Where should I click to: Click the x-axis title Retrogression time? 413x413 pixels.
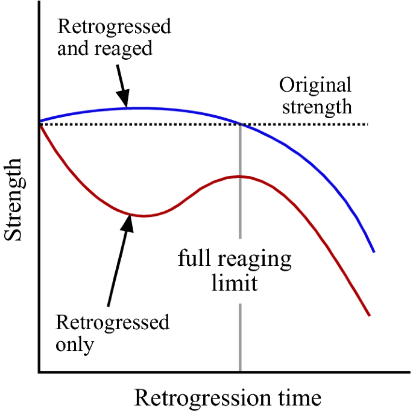click(227, 398)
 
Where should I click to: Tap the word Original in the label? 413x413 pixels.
click(315, 85)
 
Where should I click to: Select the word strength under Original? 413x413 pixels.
click(317, 107)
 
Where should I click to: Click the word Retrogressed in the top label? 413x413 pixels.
click(114, 27)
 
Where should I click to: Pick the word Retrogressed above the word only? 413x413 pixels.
click(112, 323)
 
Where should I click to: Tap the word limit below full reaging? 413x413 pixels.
click(235, 283)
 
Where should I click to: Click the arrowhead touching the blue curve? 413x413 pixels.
click(125, 103)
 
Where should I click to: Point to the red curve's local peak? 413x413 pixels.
click(240, 176)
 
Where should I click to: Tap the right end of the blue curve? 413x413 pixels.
click(374, 251)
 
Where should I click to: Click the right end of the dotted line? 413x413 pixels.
click(368, 124)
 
